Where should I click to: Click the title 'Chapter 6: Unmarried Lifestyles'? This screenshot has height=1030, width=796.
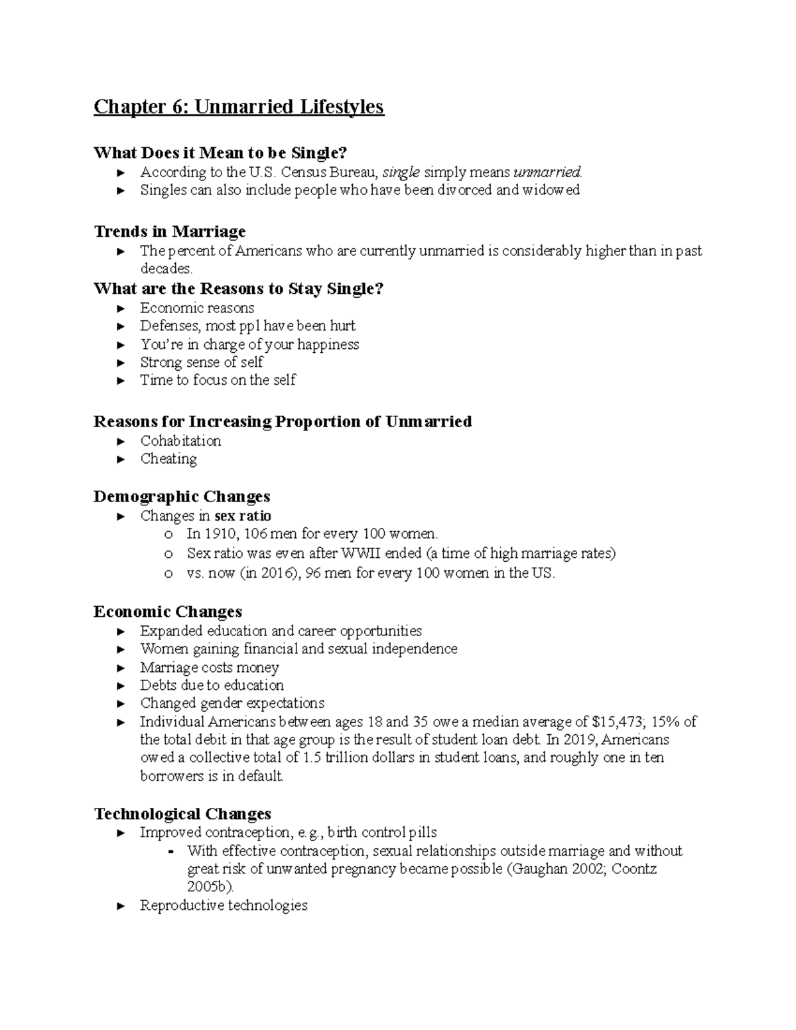point(239,107)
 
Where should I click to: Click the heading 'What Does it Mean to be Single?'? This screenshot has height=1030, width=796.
point(220,153)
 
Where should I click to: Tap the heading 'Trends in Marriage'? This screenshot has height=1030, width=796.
point(170,231)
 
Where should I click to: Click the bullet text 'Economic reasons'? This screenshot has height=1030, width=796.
point(197,308)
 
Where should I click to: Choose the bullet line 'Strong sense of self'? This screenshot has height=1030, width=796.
point(202,362)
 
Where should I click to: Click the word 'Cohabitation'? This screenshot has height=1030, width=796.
point(180,441)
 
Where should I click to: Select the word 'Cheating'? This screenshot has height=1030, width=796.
point(168,459)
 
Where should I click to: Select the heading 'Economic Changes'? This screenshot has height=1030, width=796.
point(168,612)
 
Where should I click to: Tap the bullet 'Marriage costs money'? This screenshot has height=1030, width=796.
point(210,667)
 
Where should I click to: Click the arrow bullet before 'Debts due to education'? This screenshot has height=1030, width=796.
point(120,686)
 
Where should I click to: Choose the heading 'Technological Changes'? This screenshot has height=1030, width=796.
point(182,814)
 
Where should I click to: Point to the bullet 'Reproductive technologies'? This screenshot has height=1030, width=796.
point(224,905)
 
